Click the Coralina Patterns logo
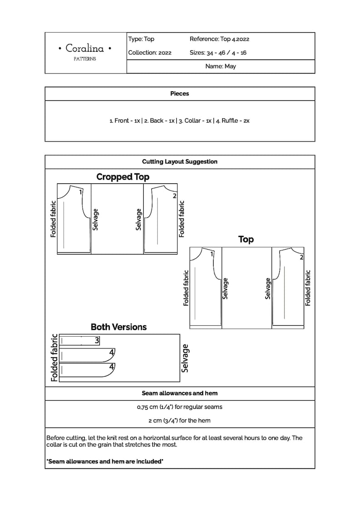tap(85, 52)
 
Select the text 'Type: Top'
tap(141, 39)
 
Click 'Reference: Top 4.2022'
tap(219, 39)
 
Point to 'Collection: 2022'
tap(150, 53)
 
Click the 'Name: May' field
tap(220, 66)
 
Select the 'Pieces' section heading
tap(180, 93)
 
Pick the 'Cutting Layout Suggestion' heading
tap(180, 162)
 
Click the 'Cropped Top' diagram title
tap(122, 177)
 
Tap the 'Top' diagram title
tap(246, 239)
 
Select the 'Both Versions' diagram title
tap(118, 327)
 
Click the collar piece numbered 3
tap(80, 340)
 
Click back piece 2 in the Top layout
tap(288, 286)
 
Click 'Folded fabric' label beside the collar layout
tap(54, 358)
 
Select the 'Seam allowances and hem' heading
tap(180, 393)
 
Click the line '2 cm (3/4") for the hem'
tap(180, 421)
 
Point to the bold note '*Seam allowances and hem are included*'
tap(105, 461)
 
